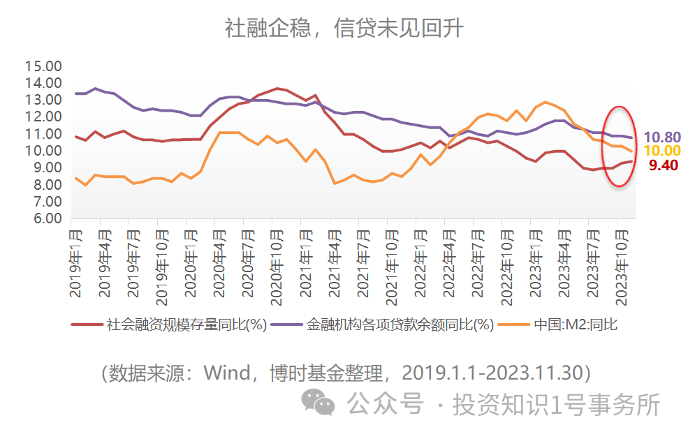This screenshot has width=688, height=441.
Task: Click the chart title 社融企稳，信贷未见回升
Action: click(344, 29)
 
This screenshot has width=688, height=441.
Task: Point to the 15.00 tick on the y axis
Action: click(43, 66)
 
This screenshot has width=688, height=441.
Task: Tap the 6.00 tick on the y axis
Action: click(43, 218)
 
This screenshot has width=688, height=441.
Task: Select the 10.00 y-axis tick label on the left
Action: click(43, 151)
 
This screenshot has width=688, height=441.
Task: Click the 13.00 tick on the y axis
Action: click(43, 100)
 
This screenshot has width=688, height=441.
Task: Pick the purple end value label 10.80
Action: click(662, 137)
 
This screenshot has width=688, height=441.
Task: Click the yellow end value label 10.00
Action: click(662, 151)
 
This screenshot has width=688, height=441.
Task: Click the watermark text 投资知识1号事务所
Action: click(556, 404)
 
